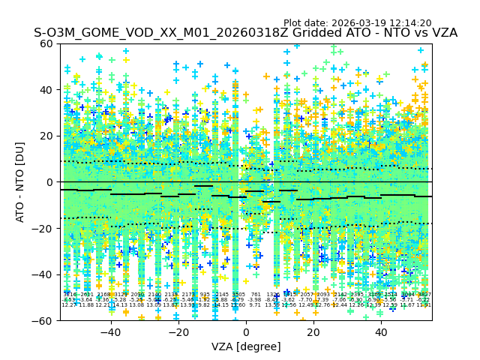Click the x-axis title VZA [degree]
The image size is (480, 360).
click(x=246, y=346)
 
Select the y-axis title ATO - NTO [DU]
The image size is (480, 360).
click(x=21, y=182)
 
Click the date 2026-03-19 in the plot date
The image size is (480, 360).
click(x=358, y=23)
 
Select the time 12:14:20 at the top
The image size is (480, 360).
click(x=409, y=23)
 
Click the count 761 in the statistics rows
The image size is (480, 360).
click(x=256, y=295)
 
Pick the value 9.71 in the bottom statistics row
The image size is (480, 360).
click(x=255, y=305)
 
